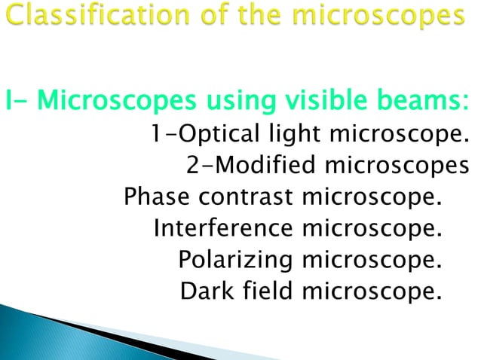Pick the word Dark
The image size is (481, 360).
pyautogui.click(x=205, y=289)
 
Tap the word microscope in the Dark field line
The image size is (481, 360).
pyautogui.click(x=369, y=289)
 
